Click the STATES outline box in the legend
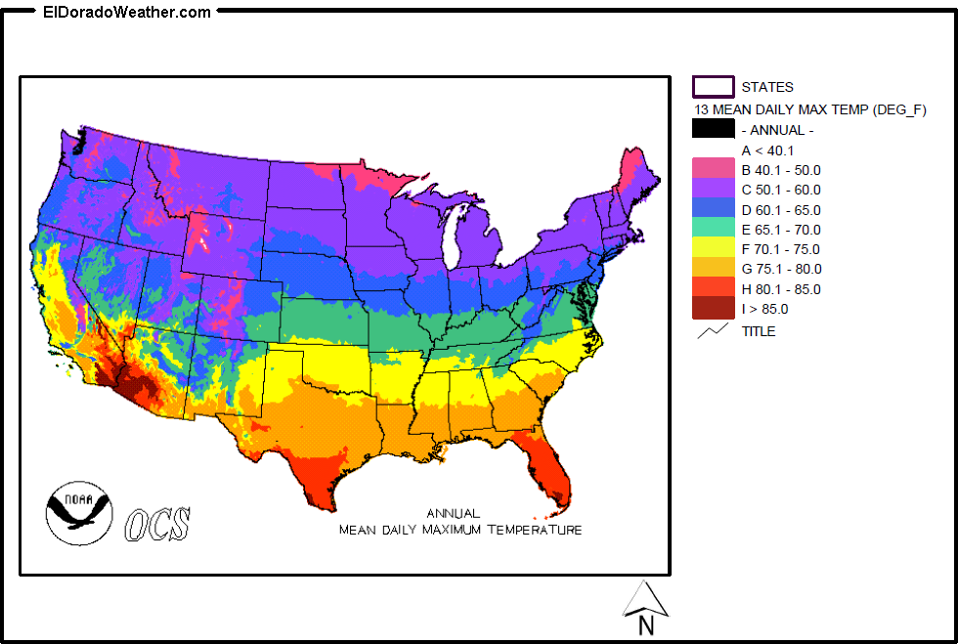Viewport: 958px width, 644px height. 713,87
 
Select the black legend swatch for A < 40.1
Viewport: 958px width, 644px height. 713,128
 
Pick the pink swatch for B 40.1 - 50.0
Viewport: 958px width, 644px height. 713,169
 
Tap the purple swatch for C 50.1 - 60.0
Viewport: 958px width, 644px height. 713,190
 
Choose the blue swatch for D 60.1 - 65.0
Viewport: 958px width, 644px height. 713,209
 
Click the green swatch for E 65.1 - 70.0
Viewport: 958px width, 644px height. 713,229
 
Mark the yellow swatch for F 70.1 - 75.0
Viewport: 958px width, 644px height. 713,249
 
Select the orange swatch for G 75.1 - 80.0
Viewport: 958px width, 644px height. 713,269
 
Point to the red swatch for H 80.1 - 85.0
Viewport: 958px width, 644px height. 713,288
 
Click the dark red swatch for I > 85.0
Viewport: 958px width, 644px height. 713,309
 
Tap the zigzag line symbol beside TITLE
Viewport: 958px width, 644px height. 713,330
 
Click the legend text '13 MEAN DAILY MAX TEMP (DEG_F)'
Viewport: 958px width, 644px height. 809,109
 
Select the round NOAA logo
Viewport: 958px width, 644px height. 79,511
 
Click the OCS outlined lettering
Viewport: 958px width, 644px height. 156,524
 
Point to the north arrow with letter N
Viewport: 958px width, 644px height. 645,612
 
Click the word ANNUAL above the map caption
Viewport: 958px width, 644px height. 454,513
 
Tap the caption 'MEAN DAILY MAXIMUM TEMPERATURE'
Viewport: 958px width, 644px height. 460,530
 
